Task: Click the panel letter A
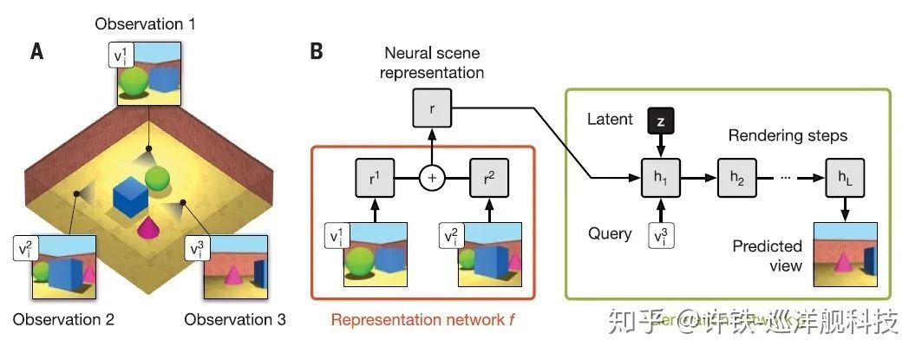tap(37, 52)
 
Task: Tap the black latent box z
tap(660, 123)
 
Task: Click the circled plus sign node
tap(431, 178)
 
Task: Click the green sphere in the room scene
tap(158, 180)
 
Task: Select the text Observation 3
tap(235, 318)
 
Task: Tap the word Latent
tap(610, 119)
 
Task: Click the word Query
tap(609, 233)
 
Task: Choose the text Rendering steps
tap(788, 135)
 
